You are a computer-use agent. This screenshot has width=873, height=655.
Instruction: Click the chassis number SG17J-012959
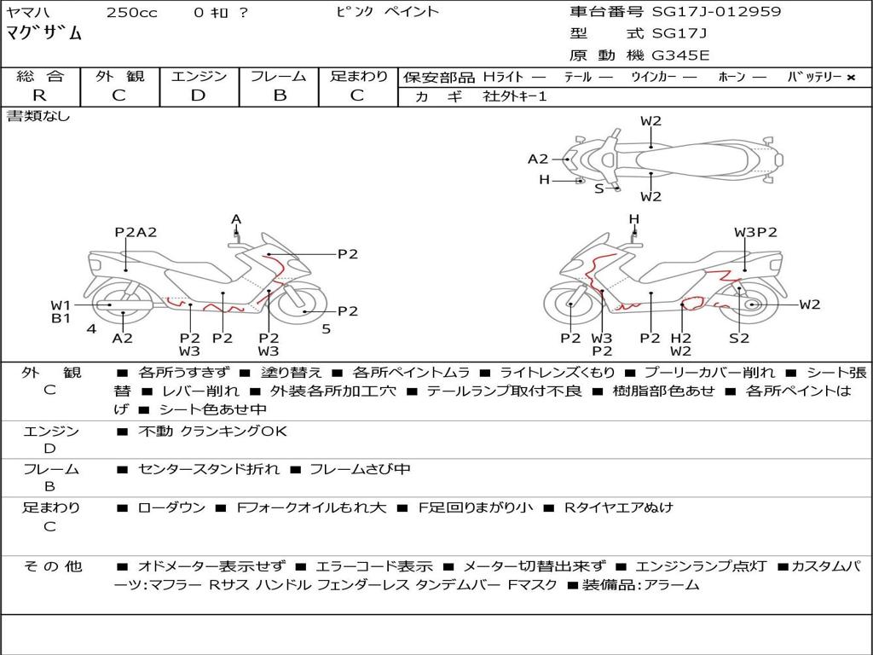(716, 11)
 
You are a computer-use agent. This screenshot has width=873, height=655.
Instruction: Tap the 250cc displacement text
(132, 12)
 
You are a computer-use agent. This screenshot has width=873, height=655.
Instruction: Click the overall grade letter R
(39, 96)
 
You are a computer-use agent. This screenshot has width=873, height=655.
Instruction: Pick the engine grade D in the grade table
(198, 96)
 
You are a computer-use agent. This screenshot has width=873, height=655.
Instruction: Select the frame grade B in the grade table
(280, 96)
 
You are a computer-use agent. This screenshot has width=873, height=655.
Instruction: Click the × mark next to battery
(851, 78)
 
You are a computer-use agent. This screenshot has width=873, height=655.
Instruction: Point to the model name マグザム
(44, 33)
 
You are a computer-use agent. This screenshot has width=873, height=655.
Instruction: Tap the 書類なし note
(38, 116)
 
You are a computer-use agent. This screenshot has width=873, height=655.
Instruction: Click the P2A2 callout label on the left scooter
(136, 232)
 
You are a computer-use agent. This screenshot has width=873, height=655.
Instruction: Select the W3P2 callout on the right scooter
(755, 232)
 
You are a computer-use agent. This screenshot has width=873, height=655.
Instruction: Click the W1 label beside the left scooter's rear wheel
(61, 305)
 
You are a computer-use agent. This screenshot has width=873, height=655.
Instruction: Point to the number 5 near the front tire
(327, 329)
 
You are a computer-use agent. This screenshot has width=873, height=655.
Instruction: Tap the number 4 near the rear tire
(91, 329)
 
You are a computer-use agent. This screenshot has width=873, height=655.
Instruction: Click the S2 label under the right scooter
(739, 338)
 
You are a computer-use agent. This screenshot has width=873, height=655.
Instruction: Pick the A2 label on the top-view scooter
(538, 159)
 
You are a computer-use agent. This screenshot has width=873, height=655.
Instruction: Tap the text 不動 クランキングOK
(212, 431)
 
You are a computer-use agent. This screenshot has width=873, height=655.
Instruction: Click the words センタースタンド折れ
(209, 470)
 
